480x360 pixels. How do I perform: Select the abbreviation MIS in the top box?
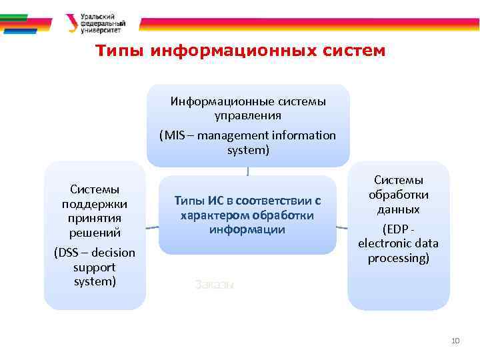[x=173, y=136]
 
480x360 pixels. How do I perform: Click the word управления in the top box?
[x=248, y=115]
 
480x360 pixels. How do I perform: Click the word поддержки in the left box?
[x=94, y=203]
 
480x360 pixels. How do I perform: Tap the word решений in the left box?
[x=94, y=233]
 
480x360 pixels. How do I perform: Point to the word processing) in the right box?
[x=398, y=258]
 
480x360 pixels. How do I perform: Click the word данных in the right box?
[x=398, y=209]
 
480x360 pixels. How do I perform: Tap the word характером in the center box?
[x=212, y=215]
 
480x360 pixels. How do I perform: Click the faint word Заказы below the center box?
[x=214, y=284]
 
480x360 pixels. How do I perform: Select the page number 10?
[x=455, y=341]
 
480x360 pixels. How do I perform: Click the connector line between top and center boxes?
[x=248, y=171]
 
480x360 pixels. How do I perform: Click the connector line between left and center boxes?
[x=153, y=227]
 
